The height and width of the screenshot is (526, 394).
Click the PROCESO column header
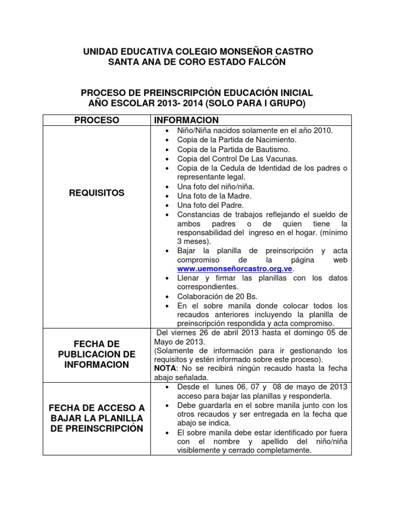pyautogui.click(x=96, y=120)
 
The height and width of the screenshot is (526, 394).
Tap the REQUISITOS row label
pyautogui.click(x=96, y=193)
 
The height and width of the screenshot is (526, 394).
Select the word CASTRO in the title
pyautogui.click(x=290, y=51)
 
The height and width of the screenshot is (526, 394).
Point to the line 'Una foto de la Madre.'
pyautogui.click(x=214, y=196)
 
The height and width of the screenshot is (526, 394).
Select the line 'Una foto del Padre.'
pyautogui.click(x=211, y=205)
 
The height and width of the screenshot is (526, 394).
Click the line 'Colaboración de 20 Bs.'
pyautogui.click(x=217, y=296)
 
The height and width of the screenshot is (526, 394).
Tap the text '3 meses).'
pyautogui.click(x=194, y=240)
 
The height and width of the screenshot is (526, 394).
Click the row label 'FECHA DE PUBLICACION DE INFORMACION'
pyautogui.click(x=96, y=354)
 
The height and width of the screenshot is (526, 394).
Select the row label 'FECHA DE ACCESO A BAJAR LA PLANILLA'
pyautogui.click(x=96, y=418)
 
